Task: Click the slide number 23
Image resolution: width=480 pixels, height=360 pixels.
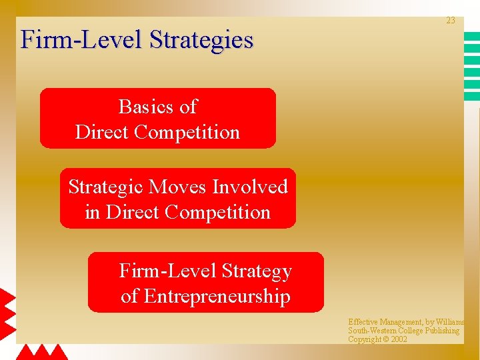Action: coord(451,21)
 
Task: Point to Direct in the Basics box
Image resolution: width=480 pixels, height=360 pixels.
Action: coord(102,132)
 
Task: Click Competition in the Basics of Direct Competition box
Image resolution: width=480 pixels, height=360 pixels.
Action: coord(187,132)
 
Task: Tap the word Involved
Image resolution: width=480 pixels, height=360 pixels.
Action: coord(250,187)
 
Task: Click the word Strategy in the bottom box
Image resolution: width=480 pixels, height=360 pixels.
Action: coord(257,271)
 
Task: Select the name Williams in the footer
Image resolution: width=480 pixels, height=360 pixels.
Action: coord(450,322)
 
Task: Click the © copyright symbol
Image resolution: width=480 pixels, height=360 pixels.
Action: coord(385,339)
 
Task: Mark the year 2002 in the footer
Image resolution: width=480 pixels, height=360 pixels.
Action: coord(399,339)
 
